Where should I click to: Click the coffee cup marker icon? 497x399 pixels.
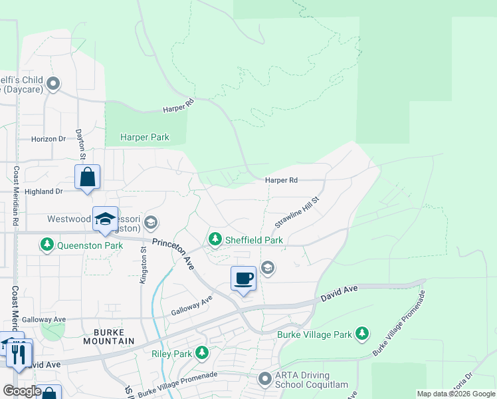(244, 277)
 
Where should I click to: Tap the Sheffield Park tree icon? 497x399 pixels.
(215, 239)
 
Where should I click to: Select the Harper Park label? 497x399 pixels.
(144, 138)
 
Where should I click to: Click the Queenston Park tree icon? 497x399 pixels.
(47, 245)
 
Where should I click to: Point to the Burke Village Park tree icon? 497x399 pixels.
(361, 332)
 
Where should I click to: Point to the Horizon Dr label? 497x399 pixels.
(49, 139)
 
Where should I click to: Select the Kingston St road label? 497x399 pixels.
(143, 264)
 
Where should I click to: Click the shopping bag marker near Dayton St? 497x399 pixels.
(87, 177)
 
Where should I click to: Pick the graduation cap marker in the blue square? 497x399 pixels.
(105, 219)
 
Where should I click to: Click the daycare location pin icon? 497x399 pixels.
(54, 84)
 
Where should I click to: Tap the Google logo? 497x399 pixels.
(21, 391)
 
